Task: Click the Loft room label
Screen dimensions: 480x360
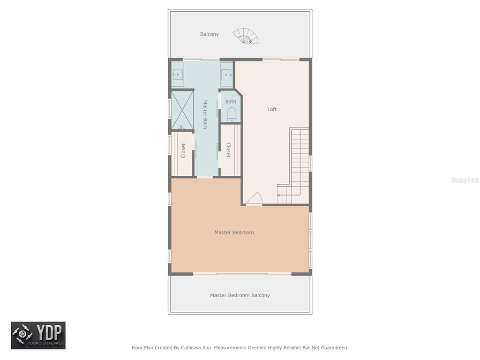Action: [x=272, y=109]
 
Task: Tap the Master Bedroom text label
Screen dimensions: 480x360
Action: [x=234, y=232]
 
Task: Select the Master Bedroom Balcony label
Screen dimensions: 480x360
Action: [x=240, y=295]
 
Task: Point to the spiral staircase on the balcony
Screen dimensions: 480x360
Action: [x=246, y=36]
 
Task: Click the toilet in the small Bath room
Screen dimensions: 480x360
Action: [x=232, y=114]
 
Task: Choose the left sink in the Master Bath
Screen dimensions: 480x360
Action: [x=177, y=75]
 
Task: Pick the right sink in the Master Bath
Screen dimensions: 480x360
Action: [x=227, y=75]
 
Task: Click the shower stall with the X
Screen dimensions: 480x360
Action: [x=182, y=110]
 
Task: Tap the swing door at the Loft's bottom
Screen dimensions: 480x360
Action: [x=255, y=198]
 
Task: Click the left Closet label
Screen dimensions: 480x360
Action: [x=183, y=150]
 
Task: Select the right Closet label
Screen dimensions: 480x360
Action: [x=228, y=150]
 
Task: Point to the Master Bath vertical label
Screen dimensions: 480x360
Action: [x=205, y=114]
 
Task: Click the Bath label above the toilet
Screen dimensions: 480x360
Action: [x=231, y=101]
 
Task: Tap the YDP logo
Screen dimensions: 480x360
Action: [x=38, y=336]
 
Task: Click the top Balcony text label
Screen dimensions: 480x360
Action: [x=210, y=34]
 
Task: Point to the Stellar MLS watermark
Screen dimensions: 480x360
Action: [x=465, y=180]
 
